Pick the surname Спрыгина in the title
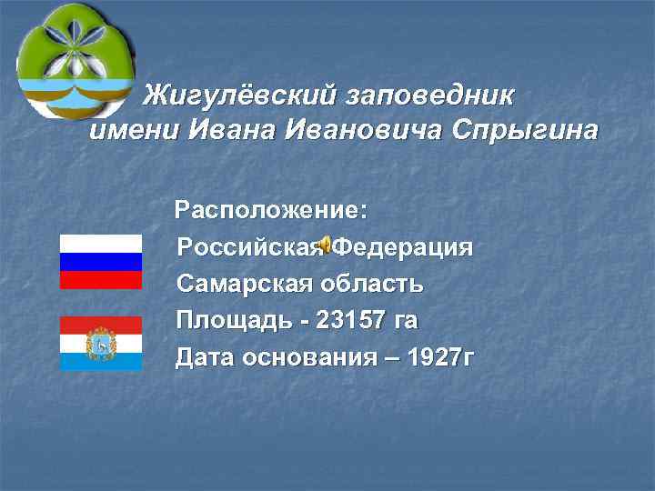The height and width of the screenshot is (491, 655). point(522,131)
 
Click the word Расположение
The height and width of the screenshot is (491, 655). point(271,211)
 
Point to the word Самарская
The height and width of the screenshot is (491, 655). point(243,284)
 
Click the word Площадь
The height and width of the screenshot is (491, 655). point(234,320)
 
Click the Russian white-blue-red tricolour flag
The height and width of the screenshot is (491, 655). point(100,261)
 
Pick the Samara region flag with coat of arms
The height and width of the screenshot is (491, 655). point(100,343)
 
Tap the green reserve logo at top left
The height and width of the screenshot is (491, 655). point(75,60)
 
